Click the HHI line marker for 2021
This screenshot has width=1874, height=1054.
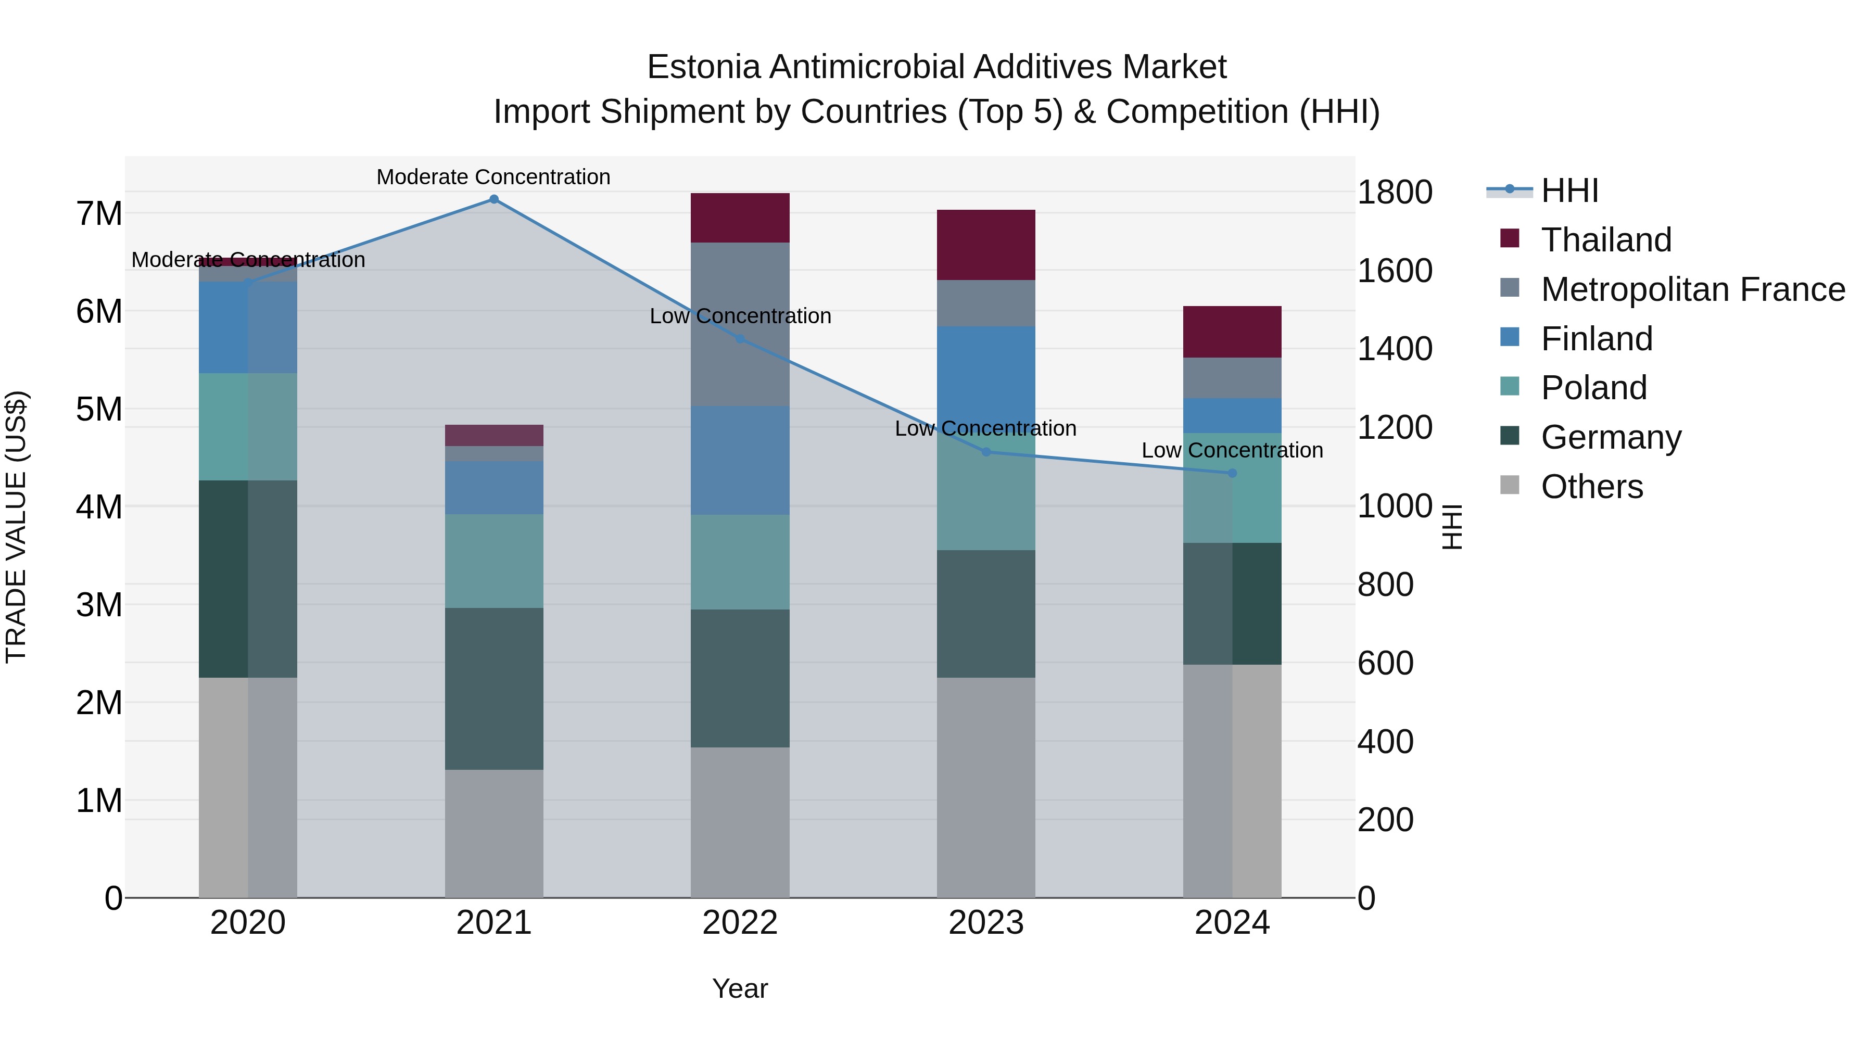coord(494,199)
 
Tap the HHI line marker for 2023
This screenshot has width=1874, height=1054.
coord(986,452)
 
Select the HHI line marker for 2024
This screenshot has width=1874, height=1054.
coord(1232,473)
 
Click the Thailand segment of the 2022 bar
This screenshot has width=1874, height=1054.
coord(740,218)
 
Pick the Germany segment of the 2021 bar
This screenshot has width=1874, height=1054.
coord(494,688)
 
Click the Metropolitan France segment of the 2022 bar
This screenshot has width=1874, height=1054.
coord(740,324)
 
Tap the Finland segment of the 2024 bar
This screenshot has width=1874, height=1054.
coord(1232,415)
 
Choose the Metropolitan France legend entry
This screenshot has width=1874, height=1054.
coord(1692,289)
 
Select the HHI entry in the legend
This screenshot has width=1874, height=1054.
coord(1569,191)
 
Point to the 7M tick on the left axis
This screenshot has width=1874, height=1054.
coord(99,214)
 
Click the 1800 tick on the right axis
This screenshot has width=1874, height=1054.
coord(1395,193)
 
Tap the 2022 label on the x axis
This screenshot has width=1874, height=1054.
coord(740,923)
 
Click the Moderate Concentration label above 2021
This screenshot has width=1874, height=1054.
coord(493,177)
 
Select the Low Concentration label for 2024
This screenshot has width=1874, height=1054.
coord(1232,450)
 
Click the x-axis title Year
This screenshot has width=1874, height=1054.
coord(740,988)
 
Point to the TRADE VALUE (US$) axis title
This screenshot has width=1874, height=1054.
coord(16,527)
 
